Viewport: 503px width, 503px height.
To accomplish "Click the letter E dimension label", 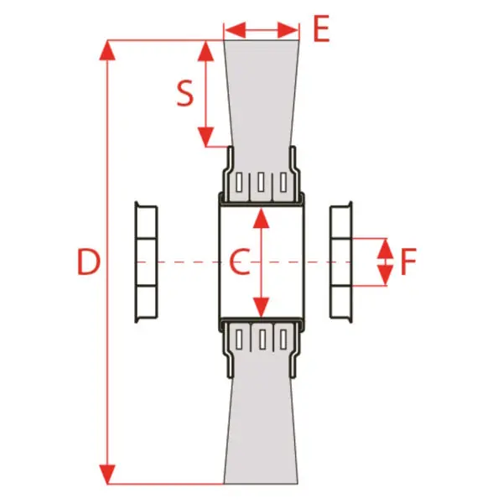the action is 321,29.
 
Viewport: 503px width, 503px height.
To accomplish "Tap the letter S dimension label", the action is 185,93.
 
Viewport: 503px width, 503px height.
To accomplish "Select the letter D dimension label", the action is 89,262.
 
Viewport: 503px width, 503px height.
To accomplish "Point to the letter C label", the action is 239,262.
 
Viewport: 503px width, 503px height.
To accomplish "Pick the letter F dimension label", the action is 409,262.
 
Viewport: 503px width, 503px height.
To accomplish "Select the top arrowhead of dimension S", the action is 205,50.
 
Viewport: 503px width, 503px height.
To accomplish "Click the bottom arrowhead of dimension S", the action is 205,137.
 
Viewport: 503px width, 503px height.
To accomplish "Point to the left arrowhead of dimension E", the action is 235,30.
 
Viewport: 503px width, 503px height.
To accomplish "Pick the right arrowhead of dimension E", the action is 288,30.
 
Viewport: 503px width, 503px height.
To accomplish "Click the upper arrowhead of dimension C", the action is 261,218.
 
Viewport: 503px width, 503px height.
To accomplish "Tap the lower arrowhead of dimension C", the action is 261,308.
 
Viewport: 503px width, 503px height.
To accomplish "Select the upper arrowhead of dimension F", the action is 385,249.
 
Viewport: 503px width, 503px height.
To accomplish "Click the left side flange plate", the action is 146,262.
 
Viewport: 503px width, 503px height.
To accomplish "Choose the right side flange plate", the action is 341,262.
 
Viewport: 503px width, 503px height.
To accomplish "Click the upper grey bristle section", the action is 262,93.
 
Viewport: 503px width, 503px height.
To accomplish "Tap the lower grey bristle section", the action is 262,430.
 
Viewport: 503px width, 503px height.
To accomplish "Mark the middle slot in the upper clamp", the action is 261,183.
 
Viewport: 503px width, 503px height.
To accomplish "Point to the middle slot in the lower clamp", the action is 262,340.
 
